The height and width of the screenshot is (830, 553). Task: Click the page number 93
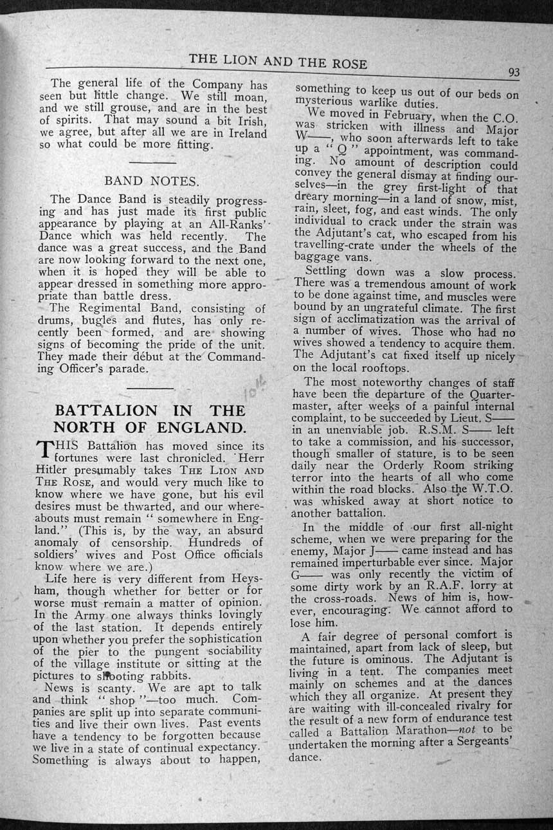[513, 73]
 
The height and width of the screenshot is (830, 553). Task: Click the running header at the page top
[278, 61]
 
